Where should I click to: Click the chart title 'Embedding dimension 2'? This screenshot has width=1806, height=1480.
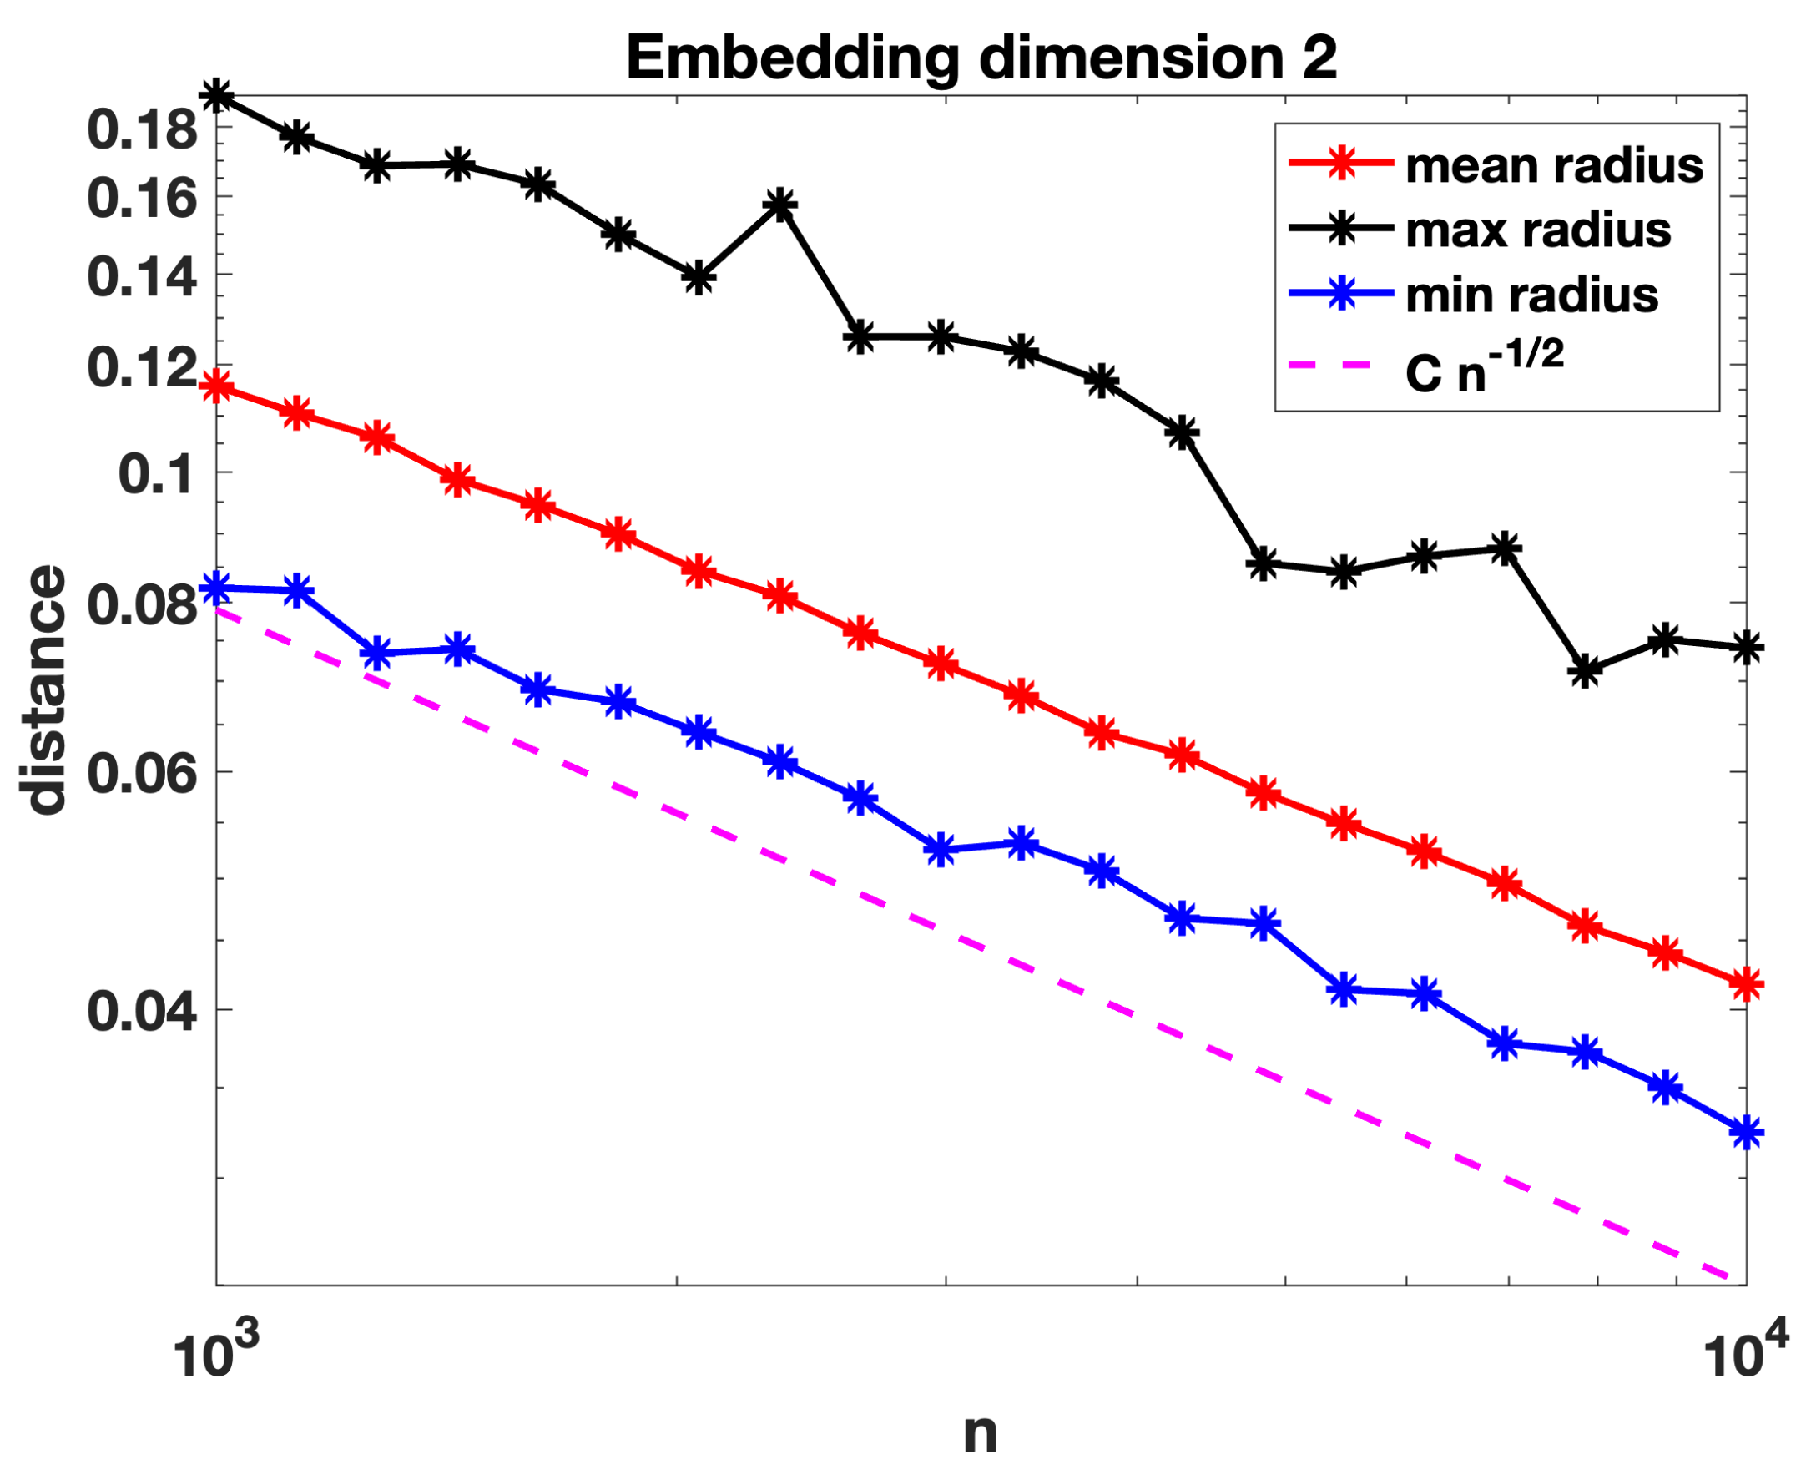981,58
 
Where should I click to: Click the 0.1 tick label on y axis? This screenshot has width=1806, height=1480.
157,474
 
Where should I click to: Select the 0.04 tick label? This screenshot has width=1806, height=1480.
143,1011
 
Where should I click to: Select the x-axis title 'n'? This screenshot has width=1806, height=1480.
980,1433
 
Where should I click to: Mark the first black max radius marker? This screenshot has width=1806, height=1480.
216,95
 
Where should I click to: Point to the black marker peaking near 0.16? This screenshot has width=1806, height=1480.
779,205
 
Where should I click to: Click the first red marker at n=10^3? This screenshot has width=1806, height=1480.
216,387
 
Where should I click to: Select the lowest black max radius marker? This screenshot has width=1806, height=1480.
1584,671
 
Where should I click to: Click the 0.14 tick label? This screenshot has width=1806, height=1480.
143,277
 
